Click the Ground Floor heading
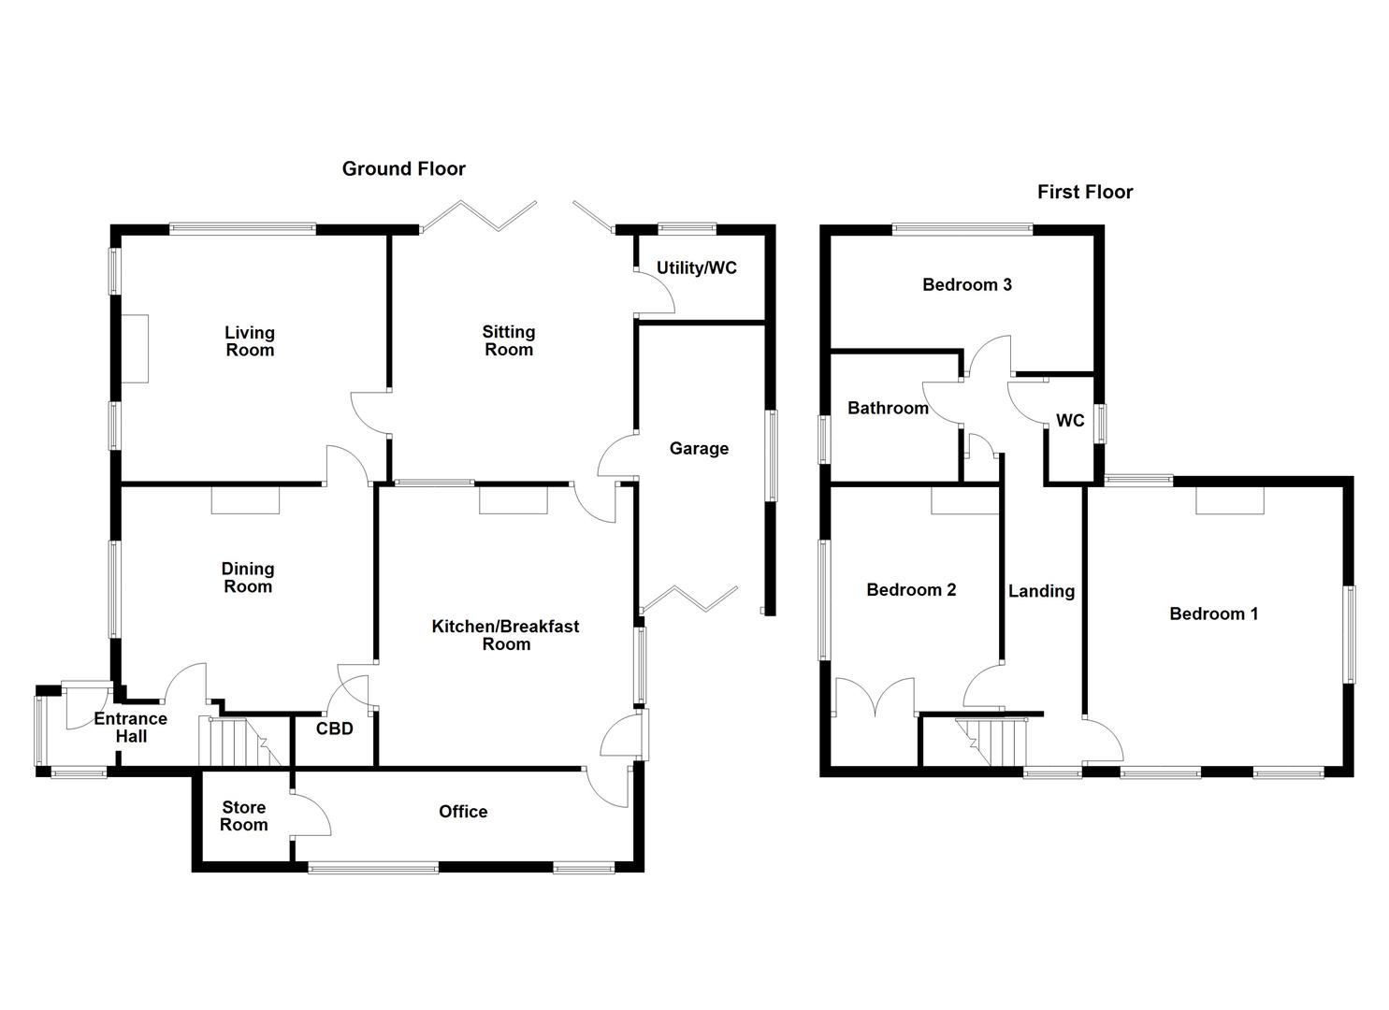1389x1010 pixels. pyautogui.click(x=403, y=169)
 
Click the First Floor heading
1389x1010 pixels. pyautogui.click(x=1084, y=193)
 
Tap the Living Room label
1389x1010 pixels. pyautogui.click(x=250, y=341)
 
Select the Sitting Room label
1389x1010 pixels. pyautogui.click(x=508, y=340)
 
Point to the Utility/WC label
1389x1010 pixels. pyautogui.click(x=696, y=268)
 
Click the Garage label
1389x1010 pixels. pyautogui.click(x=699, y=449)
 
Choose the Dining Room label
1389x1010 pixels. pyautogui.click(x=248, y=578)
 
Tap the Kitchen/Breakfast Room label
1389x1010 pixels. pyautogui.click(x=505, y=635)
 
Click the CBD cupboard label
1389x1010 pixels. pyautogui.click(x=334, y=729)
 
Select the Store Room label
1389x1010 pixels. pyautogui.click(x=243, y=816)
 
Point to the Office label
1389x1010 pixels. pyautogui.click(x=463, y=812)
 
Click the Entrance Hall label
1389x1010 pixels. pyautogui.click(x=131, y=728)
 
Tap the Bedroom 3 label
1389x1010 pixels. pyautogui.click(x=966, y=285)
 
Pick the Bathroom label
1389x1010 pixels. pyautogui.click(x=888, y=409)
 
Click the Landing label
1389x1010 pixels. pyautogui.click(x=1041, y=591)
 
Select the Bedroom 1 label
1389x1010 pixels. pyautogui.click(x=1213, y=614)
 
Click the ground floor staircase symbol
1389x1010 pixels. pyautogui.click(x=233, y=742)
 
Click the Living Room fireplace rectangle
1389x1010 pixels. pyautogui.click(x=134, y=348)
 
